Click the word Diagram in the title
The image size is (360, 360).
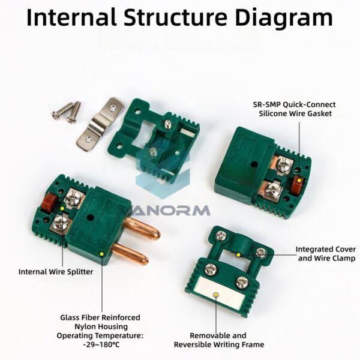click(284, 17)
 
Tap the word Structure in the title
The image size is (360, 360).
click(176, 17)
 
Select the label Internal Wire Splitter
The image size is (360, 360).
click(56, 272)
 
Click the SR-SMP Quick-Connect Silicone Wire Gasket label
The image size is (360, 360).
click(295, 109)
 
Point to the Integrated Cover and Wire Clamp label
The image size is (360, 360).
click(326, 254)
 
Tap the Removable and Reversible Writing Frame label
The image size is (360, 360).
click(219, 340)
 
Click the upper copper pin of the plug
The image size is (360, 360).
click(142, 229)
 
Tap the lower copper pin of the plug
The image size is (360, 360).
click(131, 254)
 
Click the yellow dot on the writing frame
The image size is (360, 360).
click(215, 295)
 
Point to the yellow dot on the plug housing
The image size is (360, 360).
click(102, 254)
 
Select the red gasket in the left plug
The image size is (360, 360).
click(49, 202)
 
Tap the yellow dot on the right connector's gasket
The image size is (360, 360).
click(299, 181)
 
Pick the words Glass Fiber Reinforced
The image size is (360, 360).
click(100, 318)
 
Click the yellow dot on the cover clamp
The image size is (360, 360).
click(239, 255)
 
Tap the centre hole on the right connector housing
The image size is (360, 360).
click(254, 164)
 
